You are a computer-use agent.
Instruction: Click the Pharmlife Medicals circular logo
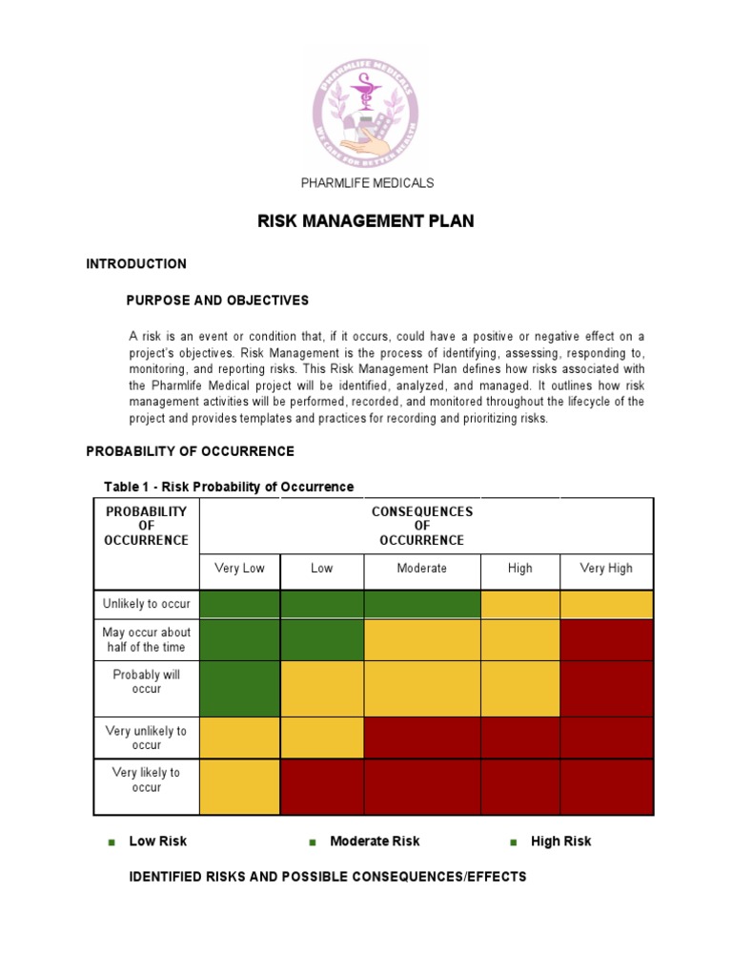click(x=365, y=106)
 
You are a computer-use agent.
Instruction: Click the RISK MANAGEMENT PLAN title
click(x=365, y=221)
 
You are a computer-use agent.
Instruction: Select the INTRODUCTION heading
click(x=136, y=263)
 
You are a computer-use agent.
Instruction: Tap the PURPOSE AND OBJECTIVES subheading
click(x=217, y=301)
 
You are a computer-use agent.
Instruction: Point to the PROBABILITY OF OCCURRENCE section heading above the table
click(x=190, y=451)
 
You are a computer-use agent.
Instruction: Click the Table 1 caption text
click(x=229, y=487)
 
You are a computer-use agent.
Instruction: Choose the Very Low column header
click(x=239, y=569)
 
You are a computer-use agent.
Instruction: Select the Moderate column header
click(x=421, y=569)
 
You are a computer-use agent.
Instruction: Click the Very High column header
click(x=606, y=569)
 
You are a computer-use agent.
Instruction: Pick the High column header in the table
click(x=519, y=569)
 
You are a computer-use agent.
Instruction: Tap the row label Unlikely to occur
click(x=147, y=604)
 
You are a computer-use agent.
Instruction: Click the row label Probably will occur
click(x=147, y=682)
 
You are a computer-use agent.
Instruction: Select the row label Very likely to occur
click(x=147, y=780)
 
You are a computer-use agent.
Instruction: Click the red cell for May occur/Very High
click(x=606, y=639)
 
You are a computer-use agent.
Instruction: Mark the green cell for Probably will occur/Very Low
click(x=239, y=688)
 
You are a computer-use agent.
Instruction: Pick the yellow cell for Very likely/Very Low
click(x=239, y=786)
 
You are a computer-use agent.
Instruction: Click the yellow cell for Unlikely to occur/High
click(x=519, y=604)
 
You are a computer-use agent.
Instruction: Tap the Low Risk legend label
click(x=157, y=842)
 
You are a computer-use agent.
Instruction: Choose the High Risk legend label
click(x=560, y=842)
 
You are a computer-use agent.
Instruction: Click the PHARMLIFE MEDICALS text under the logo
click(x=367, y=182)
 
